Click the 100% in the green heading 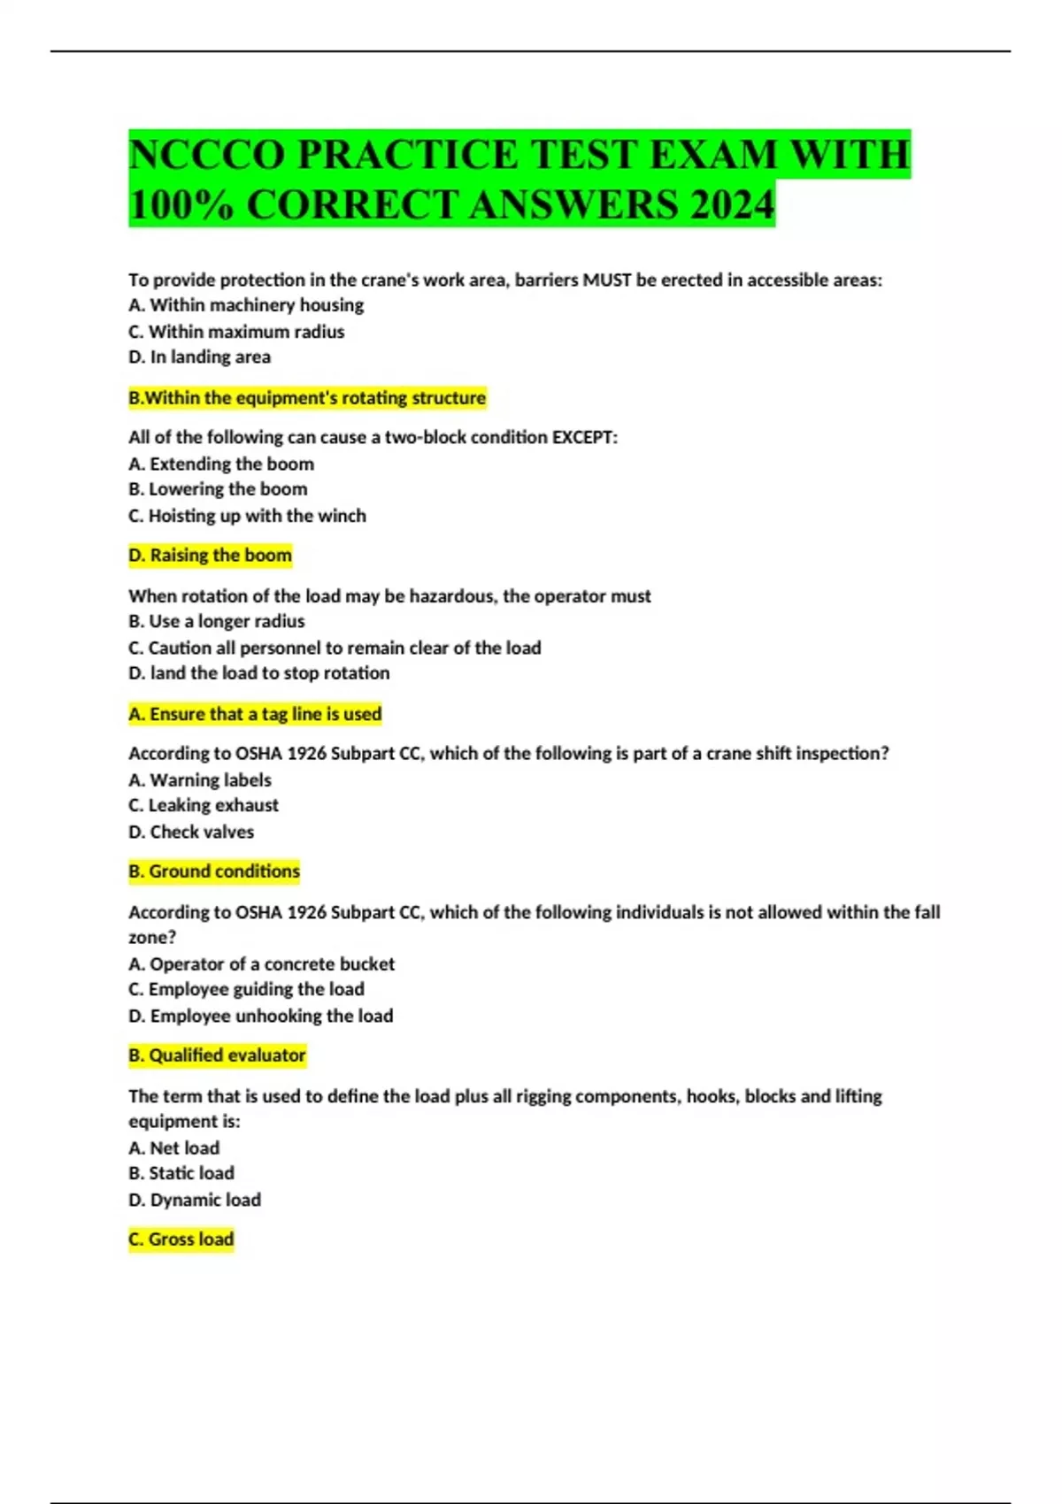pos(181,205)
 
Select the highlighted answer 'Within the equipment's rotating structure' pos(307,398)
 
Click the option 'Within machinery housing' pos(246,305)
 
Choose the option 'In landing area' pos(200,357)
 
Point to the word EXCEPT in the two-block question pos(584,437)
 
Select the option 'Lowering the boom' pos(218,489)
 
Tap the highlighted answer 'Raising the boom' pos(211,556)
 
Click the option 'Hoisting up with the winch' pos(247,516)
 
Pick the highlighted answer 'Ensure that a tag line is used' pos(255,714)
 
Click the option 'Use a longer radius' pos(217,621)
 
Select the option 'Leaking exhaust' pos(204,805)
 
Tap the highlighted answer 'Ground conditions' pos(214,871)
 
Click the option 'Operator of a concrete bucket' pos(262,964)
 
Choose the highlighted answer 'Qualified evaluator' pos(217,1055)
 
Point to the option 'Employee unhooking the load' pos(261,1016)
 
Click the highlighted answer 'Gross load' pos(181,1239)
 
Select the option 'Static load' pos(181,1173)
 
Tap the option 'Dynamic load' pos(195,1200)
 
